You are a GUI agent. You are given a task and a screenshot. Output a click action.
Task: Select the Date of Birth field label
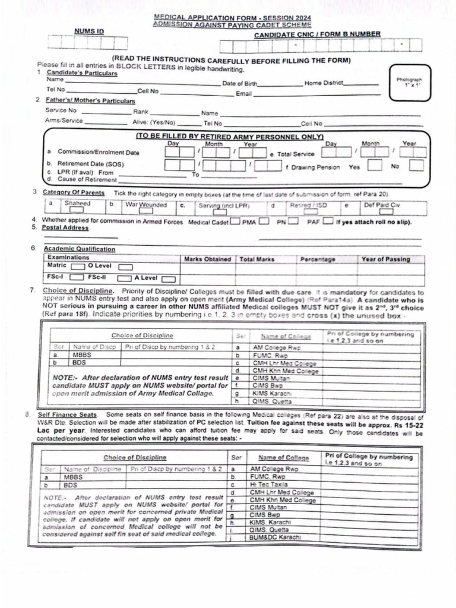click(239, 84)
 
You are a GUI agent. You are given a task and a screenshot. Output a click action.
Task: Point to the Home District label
click(324, 83)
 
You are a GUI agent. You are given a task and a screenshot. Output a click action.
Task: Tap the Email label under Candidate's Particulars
click(244, 94)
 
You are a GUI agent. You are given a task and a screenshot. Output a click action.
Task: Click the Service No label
click(61, 110)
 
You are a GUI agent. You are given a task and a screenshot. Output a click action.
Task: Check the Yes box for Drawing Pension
click(374, 166)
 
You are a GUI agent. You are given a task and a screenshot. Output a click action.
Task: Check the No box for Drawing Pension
click(416, 166)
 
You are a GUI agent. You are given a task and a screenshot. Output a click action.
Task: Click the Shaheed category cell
click(78, 204)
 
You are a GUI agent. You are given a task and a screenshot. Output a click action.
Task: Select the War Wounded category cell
click(145, 204)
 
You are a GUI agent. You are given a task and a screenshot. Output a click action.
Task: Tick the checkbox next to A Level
click(168, 278)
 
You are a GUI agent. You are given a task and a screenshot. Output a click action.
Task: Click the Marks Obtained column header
click(207, 259)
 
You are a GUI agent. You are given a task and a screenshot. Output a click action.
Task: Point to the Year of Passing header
click(385, 259)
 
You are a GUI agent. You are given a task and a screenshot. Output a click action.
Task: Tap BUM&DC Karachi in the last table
click(275, 538)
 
